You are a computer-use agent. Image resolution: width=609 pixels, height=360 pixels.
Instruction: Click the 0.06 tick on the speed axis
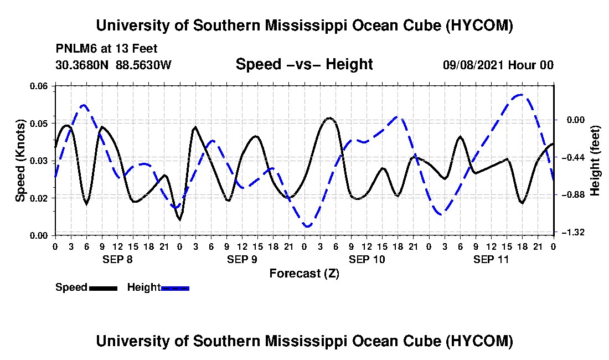(38, 86)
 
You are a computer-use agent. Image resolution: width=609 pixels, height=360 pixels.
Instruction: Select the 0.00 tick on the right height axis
(576, 120)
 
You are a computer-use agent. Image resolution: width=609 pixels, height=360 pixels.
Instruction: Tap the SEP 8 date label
(117, 259)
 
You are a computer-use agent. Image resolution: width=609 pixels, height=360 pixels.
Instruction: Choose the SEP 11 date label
(491, 259)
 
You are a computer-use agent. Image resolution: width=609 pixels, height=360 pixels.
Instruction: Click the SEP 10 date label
(367, 259)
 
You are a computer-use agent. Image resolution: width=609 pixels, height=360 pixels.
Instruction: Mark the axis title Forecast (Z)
(304, 274)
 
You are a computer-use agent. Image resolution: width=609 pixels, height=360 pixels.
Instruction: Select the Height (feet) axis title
(595, 161)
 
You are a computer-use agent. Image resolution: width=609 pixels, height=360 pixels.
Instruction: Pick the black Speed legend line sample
(103, 288)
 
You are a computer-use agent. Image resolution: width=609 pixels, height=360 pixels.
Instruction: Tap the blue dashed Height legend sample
(175, 288)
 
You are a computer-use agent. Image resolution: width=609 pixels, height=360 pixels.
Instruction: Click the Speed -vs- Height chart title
(304, 64)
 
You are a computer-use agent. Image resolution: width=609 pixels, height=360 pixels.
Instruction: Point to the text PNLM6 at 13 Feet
(107, 49)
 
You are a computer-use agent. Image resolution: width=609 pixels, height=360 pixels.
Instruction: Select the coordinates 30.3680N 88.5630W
(113, 65)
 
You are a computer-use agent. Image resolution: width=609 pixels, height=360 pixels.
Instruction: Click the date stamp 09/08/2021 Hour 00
(498, 65)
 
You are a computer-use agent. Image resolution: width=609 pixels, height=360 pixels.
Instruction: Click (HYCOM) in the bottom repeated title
(479, 341)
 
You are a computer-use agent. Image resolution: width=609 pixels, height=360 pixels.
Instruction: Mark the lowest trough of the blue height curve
(308, 227)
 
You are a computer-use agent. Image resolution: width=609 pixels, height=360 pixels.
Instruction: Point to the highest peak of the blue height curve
(520, 94)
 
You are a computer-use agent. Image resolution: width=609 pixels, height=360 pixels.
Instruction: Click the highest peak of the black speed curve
(329, 117)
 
